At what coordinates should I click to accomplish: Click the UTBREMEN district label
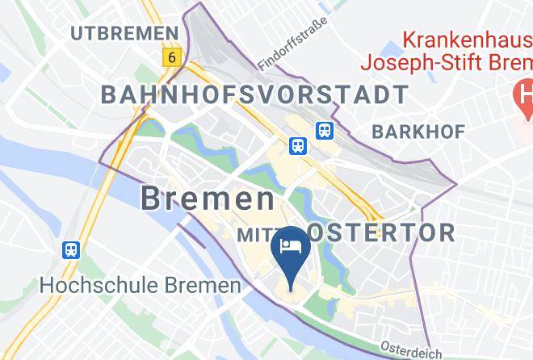click(x=124, y=33)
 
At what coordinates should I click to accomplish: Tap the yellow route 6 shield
click(x=170, y=57)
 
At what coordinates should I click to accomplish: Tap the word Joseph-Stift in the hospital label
click(x=433, y=62)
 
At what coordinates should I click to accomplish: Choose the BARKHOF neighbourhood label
click(x=413, y=132)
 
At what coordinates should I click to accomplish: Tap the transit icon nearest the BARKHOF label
click(x=325, y=129)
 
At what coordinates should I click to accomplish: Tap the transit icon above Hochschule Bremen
click(x=72, y=250)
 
